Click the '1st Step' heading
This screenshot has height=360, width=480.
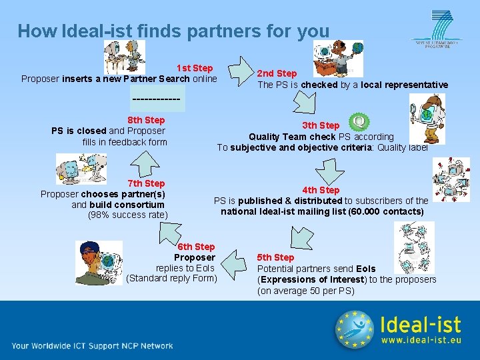194,68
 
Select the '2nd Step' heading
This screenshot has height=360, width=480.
277,73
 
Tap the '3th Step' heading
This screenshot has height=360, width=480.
321,125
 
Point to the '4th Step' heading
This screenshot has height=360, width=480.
321,190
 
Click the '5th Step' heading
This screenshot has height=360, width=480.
275,257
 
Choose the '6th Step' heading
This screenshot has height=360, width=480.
196,247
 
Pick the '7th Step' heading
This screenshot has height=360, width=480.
145,183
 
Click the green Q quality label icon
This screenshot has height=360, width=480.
359,122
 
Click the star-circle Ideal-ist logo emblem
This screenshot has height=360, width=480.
354,329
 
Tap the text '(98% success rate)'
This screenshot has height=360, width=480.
128,215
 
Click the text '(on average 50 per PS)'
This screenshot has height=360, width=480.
306,291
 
